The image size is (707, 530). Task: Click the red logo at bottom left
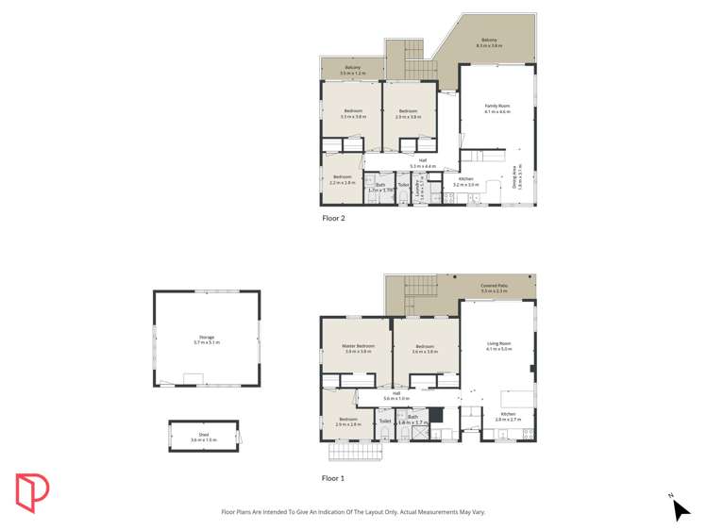coord(32,491)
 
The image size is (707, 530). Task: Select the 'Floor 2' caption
coord(333,218)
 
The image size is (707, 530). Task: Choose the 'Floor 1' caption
coord(333,478)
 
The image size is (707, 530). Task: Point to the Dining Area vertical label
coord(516,178)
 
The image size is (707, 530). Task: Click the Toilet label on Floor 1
coord(385,422)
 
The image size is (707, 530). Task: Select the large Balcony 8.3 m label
coord(489,41)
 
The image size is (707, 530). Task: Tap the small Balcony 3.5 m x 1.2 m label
coord(352,68)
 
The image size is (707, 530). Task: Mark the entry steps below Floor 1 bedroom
coord(356,452)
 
